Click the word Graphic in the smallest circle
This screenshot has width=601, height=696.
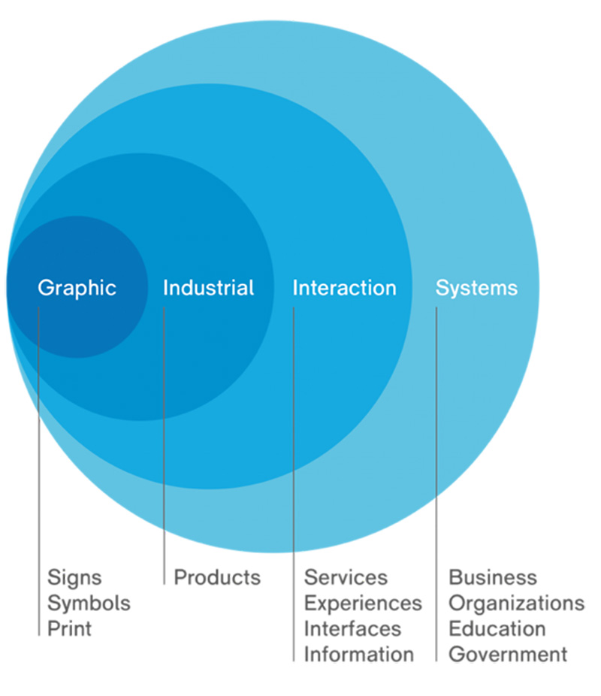[x=77, y=289]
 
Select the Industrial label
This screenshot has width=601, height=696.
[x=208, y=288]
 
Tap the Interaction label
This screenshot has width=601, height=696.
[x=345, y=288]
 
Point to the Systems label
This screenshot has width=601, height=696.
[x=476, y=289]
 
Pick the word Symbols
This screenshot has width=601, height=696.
[x=89, y=604]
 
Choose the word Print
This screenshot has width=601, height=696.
[x=69, y=628]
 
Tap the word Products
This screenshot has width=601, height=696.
[x=217, y=577]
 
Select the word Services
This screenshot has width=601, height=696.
[x=346, y=577]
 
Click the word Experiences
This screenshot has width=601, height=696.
[x=363, y=604]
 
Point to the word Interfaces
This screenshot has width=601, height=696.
[x=352, y=628]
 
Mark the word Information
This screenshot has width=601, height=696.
[x=359, y=654]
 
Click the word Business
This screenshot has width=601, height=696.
[x=493, y=577]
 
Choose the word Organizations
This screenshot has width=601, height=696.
[x=517, y=604]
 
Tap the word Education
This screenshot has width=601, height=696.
[x=497, y=628]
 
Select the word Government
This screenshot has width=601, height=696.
[x=508, y=654]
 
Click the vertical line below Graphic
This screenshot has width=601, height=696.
[x=38, y=471]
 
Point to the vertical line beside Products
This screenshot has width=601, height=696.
[x=164, y=446]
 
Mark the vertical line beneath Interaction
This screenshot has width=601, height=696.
[x=294, y=484]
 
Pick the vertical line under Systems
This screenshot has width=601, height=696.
[x=436, y=484]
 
